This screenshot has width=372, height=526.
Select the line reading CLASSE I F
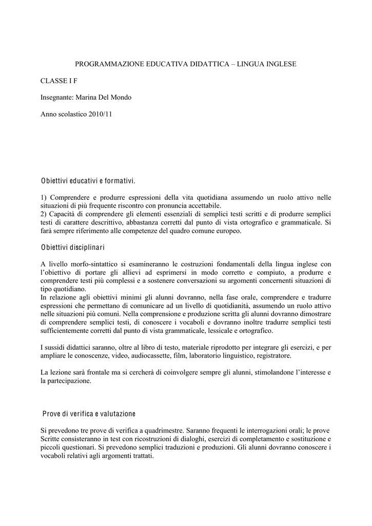click(x=59, y=80)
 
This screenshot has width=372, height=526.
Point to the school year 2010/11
click(x=101, y=114)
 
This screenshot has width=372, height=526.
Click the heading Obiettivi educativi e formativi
click(x=88, y=181)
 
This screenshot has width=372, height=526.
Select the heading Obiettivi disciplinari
click(x=72, y=248)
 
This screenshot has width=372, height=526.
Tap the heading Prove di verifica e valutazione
click(x=88, y=414)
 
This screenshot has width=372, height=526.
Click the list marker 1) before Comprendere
click(x=44, y=197)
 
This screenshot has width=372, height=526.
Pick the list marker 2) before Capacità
click(x=44, y=214)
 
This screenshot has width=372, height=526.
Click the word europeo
click(x=227, y=231)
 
